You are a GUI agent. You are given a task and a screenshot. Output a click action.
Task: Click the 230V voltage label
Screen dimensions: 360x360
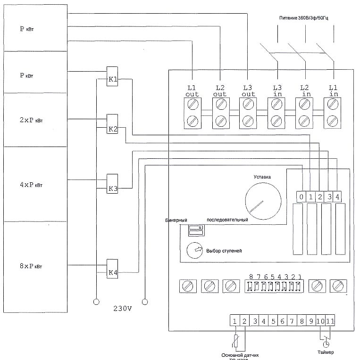(x=123, y=309)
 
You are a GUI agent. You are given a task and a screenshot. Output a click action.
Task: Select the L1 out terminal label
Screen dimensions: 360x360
(x=192, y=91)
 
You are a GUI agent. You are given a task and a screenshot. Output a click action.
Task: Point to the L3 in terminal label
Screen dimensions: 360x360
(x=277, y=91)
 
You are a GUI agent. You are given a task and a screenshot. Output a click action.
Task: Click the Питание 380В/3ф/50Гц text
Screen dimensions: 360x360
(x=305, y=17)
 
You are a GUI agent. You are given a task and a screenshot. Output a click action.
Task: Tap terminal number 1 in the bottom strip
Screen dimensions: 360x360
(x=234, y=321)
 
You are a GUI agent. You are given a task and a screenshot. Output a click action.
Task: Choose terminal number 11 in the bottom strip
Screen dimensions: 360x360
(x=329, y=321)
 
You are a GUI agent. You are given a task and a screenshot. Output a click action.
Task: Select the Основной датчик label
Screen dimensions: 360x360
(x=240, y=354)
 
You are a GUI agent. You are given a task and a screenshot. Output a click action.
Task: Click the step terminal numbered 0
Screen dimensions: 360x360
(x=301, y=196)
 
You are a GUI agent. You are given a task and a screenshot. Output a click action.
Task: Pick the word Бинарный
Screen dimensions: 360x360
(x=176, y=220)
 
